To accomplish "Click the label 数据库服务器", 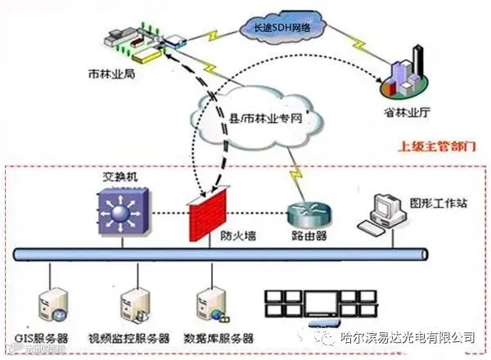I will pyautogui.click(x=218, y=338).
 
